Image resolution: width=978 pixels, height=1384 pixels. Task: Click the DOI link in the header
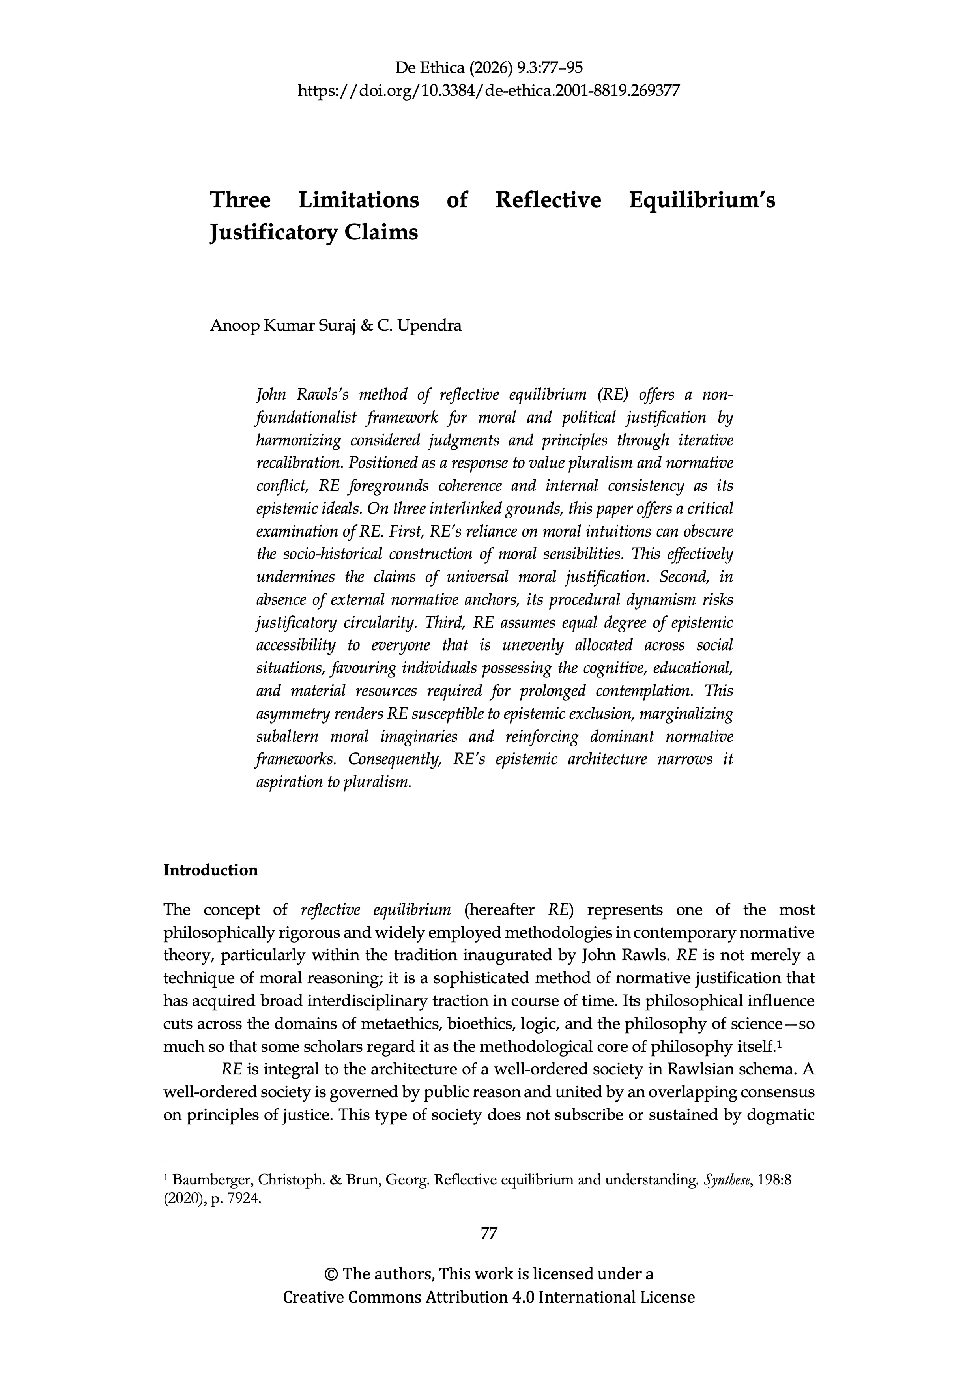click(x=489, y=91)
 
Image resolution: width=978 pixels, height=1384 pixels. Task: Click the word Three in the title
click(x=240, y=200)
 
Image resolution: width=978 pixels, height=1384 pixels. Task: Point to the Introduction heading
click(x=210, y=870)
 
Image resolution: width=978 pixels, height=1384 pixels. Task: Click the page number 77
click(x=489, y=1233)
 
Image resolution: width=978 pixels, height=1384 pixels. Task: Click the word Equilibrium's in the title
click(x=702, y=200)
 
